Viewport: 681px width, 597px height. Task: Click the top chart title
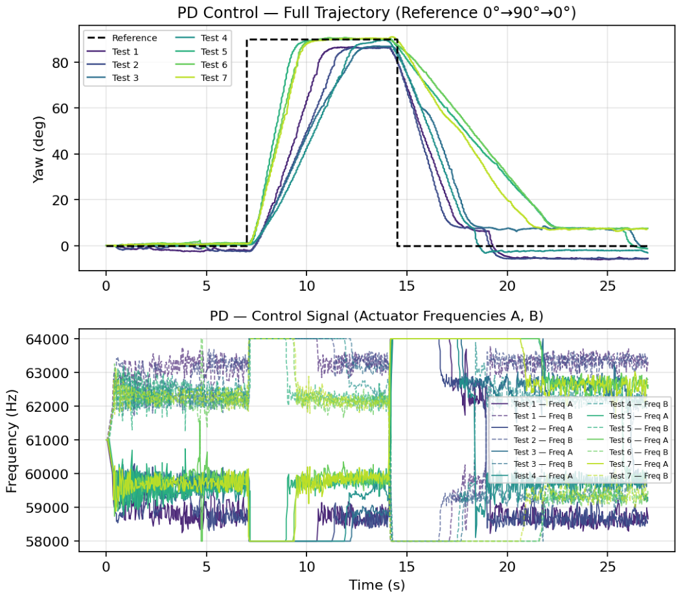click(x=376, y=12)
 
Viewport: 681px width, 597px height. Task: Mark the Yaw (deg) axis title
click(x=38, y=149)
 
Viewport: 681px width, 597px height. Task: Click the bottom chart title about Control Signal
click(x=376, y=316)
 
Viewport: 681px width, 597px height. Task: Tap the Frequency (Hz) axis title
click(x=11, y=441)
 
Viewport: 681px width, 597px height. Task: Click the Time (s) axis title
click(x=376, y=585)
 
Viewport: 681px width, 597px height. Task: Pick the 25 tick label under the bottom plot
click(x=607, y=567)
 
